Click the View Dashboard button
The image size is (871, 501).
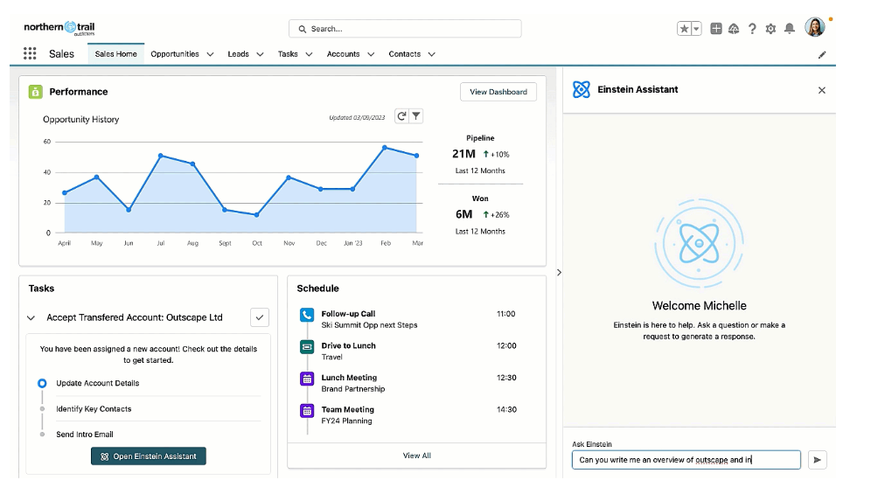(x=498, y=92)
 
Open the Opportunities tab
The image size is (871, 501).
(x=175, y=54)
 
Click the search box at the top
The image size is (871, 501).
(x=405, y=28)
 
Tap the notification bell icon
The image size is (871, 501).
(x=790, y=28)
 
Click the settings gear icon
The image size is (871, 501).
(x=770, y=28)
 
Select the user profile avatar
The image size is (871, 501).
(x=815, y=27)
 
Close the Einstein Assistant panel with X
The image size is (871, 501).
(x=821, y=90)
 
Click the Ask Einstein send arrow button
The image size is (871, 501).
(x=817, y=459)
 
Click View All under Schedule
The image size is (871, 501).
(x=416, y=456)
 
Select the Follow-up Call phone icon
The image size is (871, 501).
(x=307, y=315)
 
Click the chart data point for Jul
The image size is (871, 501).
(x=161, y=156)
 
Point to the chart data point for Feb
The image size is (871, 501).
(x=385, y=148)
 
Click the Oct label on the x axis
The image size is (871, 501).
(x=256, y=243)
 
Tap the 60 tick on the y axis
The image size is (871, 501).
(x=47, y=142)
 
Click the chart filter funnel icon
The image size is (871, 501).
(x=416, y=115)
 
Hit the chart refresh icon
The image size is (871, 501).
(x=401, y=115)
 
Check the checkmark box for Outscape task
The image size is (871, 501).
(x=260, y=317)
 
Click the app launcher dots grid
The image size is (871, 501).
(x=30, y=53)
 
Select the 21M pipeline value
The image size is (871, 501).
(x=463, y=154)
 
